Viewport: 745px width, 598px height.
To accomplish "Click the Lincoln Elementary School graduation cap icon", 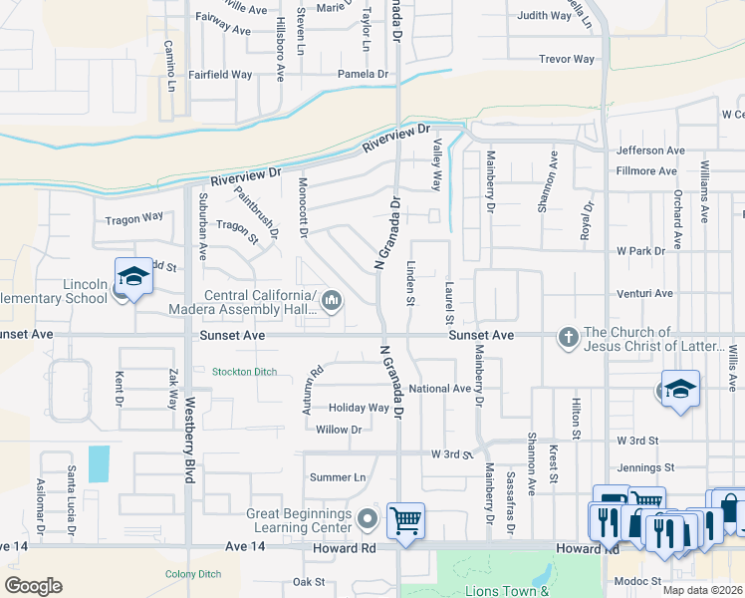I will click(132, 276).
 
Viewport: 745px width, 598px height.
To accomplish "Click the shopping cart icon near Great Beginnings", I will click(405, 519).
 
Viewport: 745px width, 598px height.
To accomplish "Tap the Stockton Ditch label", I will click(245, 372).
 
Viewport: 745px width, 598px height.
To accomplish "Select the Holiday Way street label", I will click(359, 408).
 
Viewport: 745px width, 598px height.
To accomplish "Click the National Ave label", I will click(439, 388).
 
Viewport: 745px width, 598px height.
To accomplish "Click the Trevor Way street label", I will click(566, 59).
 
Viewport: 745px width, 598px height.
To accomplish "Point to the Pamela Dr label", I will click(363, 74).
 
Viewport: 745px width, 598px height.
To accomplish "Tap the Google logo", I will click(33, 586).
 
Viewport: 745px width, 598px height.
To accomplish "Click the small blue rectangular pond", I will click(100, 463).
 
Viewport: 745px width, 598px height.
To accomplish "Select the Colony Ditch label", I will click(192, 573).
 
